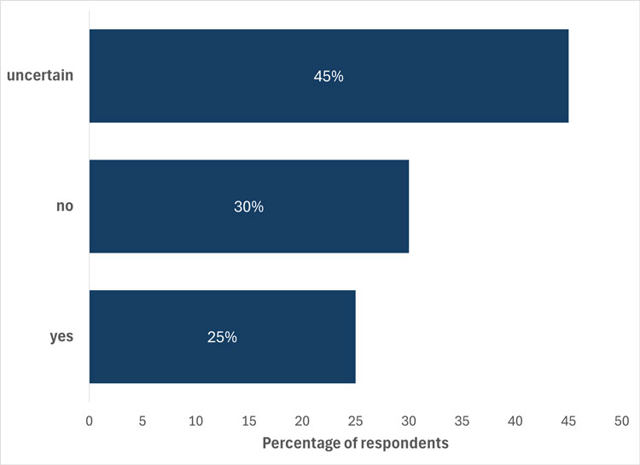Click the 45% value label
tap(328, 76)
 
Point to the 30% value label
tap(248, 206)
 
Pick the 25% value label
tap(222, 336)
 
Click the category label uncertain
tap(40, 76)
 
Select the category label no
tap(64, 206)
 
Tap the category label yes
tap(61, 336)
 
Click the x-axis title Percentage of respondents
tap(355, 444)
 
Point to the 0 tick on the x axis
tap(90, 421)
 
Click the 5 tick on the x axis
tap(143, 421)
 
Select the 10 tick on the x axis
tap(196, 421)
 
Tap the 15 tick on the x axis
tap(249, 421)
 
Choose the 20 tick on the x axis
tap(302, 421)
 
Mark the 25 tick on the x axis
tap(356, 421)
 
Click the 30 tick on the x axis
tap(409, 421)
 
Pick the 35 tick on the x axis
tap(462, 421)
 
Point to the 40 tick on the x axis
tap(515, 421)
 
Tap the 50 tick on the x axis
tap(621, 421)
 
